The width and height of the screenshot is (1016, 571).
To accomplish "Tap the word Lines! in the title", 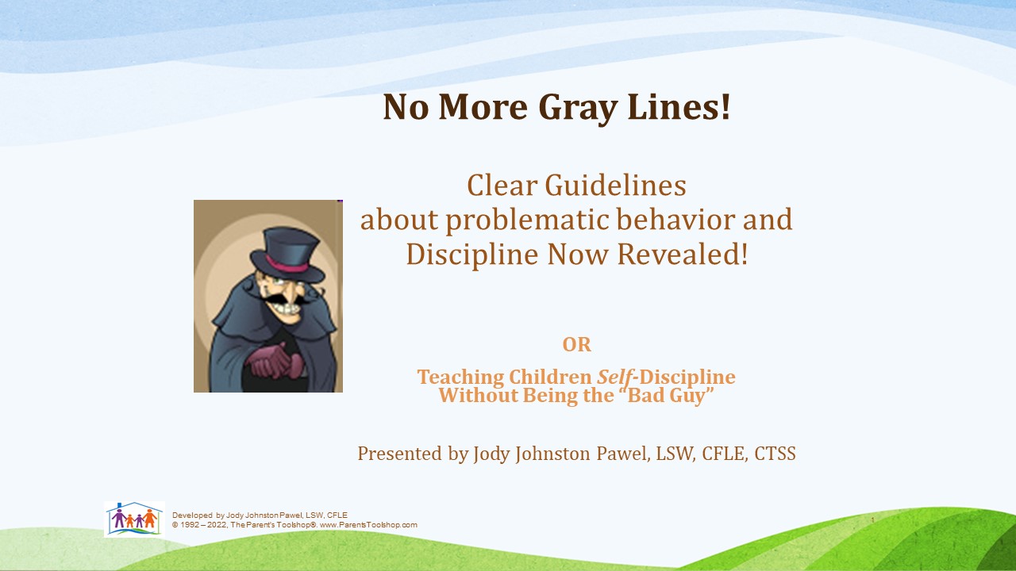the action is pyautogui.click(x=679, y=106).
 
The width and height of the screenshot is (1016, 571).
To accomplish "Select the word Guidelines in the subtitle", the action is pyautogui.click(x=615, y=185).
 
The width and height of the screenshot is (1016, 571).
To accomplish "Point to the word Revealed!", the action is pyautogui.click(x=683, y=254).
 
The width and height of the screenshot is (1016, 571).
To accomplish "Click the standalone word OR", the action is pyautogui.click(x=576, y=344).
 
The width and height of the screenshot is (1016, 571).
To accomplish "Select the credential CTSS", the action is pyautogui.click(x=775, y=454).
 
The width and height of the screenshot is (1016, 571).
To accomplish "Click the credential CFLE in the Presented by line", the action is pyautogui.click(x=725, y=454).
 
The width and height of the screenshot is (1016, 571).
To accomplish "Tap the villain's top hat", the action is pyautogui.click(x=287, y=255).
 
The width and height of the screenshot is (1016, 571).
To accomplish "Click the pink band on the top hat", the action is pyautogui.click(x=287, y=265).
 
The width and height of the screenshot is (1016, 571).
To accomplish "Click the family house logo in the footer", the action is pyautogui.click(x=134, y=519).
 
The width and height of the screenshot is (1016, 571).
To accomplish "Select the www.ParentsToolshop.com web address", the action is pyautogui.click(x=368, y=525).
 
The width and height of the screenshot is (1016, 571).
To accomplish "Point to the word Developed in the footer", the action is pyautogui.click(x=192, y=515).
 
